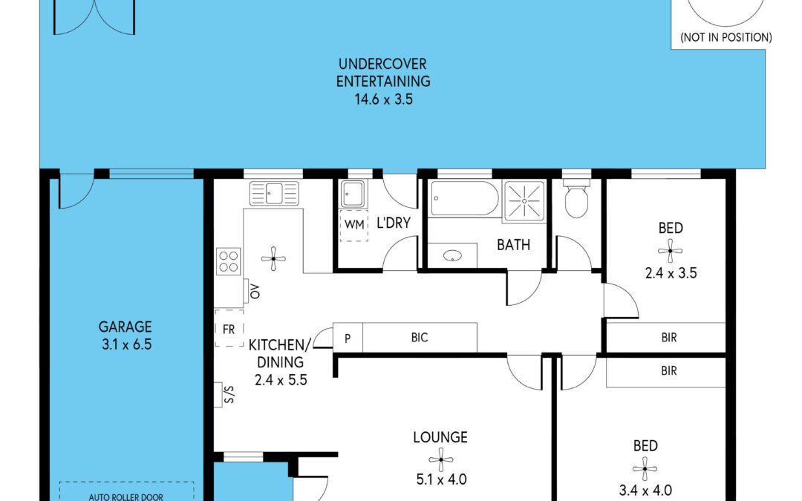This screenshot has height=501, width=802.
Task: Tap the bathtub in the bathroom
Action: tap(464, 198)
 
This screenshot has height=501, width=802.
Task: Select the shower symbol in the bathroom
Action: tap(524, 200)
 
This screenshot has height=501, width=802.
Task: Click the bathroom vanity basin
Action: tap(452, 255)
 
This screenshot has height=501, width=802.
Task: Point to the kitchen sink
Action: tap(273, 193)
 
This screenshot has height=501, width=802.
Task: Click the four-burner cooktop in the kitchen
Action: tap(228, 261)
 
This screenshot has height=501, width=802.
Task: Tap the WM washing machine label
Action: tap(354, 224)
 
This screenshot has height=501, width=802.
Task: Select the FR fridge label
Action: tap(229, 330)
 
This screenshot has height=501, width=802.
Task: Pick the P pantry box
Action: tap(348, 338)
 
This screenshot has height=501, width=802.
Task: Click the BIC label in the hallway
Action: tap(420, 338)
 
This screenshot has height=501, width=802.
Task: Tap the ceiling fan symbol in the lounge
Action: tap(441, 459)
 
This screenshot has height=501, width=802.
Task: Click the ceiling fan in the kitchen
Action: tap(273, 259)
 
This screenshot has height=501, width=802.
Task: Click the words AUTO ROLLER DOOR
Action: tap(125, 497)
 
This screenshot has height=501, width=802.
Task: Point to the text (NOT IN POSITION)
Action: tap(726, 37)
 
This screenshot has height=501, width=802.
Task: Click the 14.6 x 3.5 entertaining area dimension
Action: tap(384, 99)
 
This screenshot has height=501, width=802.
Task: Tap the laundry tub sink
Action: tap(353, 194)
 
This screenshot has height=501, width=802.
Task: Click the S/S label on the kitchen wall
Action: tap(229, 394)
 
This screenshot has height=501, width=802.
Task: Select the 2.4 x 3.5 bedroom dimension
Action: tap(671, 273)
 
